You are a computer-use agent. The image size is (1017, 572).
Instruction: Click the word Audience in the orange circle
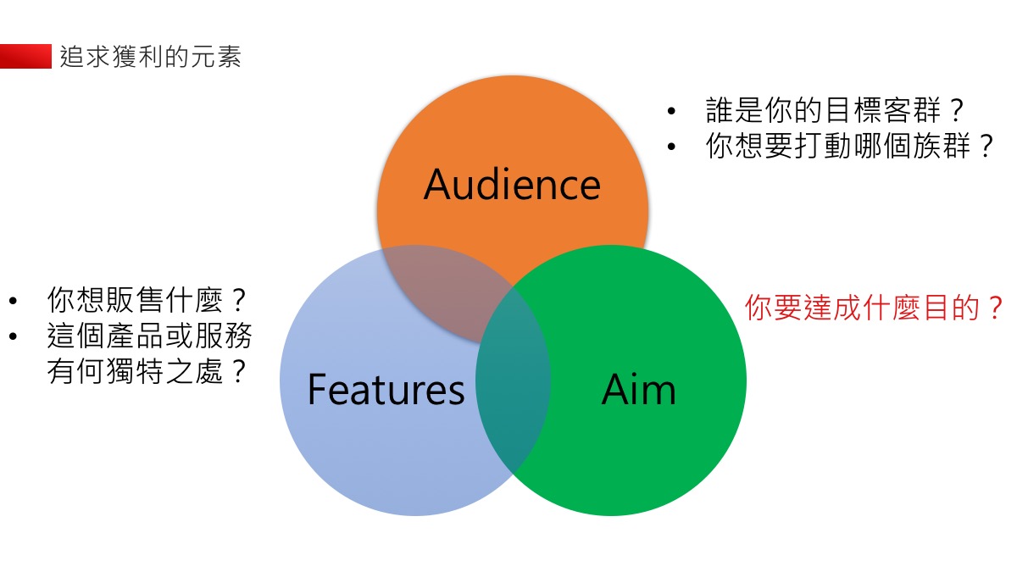[x=512, y=184]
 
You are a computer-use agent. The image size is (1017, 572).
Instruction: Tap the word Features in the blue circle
[x=386, y=389]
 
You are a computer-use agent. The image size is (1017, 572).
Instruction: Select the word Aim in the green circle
[x=638, y=389]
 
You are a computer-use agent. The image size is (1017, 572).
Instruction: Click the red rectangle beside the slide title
[x=25, y=57]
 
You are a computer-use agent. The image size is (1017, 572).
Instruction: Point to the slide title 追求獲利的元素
[x=151, y=57]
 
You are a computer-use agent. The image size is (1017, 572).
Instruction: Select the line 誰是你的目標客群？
[x=836, y=110]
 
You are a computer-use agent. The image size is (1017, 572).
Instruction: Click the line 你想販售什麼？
[x=147, y=300]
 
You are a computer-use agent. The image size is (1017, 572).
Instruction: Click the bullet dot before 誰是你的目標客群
[x=672, y=112]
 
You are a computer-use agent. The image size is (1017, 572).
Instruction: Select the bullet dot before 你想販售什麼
[x=13, y=301]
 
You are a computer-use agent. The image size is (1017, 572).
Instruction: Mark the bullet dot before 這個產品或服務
[x=13, y=337]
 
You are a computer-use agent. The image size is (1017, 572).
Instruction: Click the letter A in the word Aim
[x=614, y=389]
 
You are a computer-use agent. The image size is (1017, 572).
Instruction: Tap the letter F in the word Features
[x=317, y=389]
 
